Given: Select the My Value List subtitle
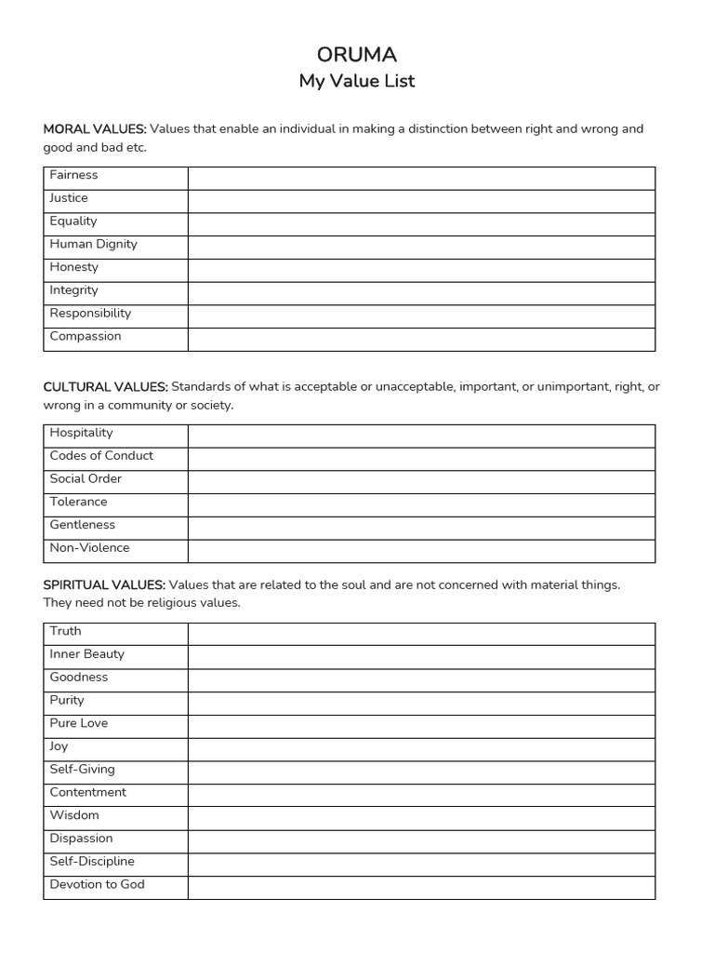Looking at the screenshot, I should [357, 81].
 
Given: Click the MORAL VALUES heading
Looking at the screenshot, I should [95, 128].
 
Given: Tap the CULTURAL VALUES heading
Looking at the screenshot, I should [105, 386].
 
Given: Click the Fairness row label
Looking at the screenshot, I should [73, 175].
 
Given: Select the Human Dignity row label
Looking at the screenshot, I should [93, 244].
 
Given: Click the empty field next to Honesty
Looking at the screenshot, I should [421, 270].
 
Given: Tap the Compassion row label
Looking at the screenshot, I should [86, 336].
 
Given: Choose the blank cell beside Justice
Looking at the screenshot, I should [421, 201].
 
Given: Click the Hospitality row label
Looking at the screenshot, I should [81, 433].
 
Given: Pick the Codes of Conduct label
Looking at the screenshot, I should [101, 456].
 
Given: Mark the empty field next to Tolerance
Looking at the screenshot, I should [421, 504].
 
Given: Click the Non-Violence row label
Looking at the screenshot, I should [89, 548].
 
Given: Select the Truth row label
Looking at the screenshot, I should [65, 631].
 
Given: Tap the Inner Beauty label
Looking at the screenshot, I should [86, 654].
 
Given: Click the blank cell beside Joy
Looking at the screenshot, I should [421, 749].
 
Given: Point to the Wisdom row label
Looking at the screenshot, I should [74, 815].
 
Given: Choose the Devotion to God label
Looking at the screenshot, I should [98, 884].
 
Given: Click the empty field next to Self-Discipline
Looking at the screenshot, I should [421, 865].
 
